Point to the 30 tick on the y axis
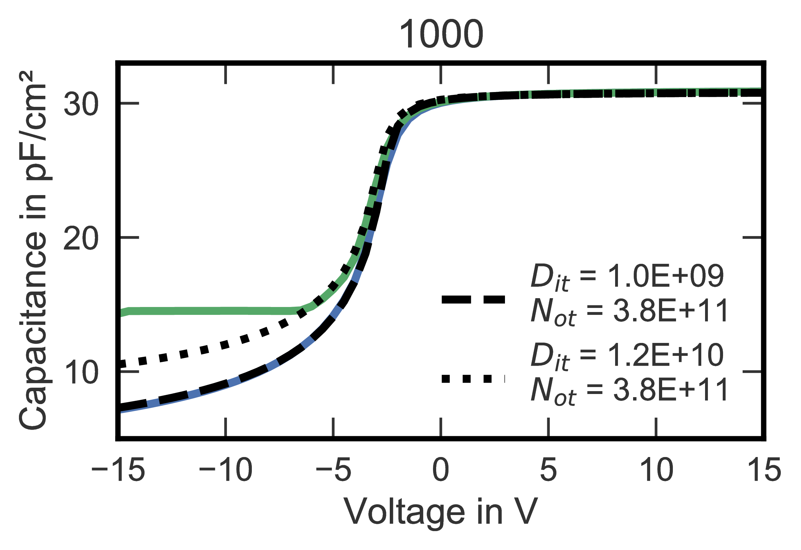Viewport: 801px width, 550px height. pyautogui.click(x=81, y=104)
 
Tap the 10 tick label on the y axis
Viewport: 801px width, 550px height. pyautogui.click(x=81, y=372)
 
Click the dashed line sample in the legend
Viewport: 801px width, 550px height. pyautogui.click(x=473, y=299)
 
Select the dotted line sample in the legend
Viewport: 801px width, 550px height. pyautogui.click(x=473, y=379)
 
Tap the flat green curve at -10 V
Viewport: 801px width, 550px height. pyautogui.click(x=226, y=310)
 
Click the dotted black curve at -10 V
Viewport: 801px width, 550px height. pyautogui.click(x=226, y=344)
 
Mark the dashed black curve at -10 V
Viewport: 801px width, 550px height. pyautogui.click(x=226, y=383)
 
